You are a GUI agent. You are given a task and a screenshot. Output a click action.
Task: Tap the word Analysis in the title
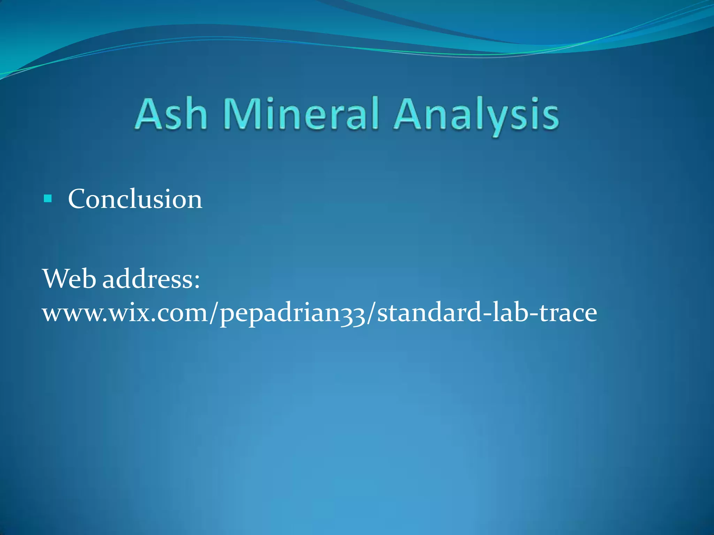point(476,115)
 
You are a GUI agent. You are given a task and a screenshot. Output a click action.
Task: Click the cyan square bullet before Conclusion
point(48,199)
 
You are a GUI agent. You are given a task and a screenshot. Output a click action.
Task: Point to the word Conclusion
point(135,199)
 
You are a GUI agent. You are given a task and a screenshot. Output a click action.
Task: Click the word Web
point(69,279)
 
